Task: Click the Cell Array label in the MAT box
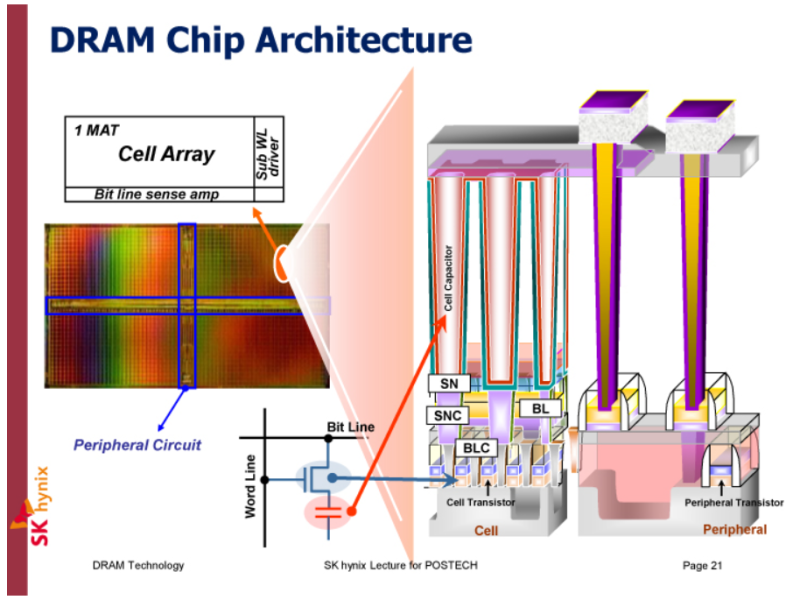(x=166, y=154)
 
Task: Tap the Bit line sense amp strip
(x=157, y=194)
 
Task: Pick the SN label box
(x=448, y=383)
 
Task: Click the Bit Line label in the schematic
(x=351, y=427)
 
